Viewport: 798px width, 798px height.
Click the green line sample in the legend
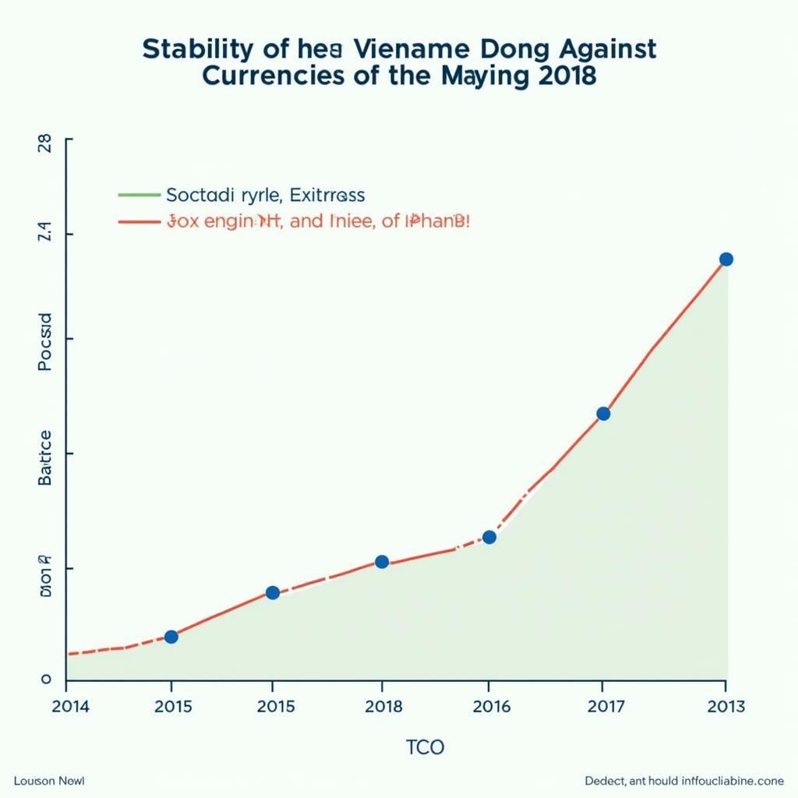click(x=138, y=195)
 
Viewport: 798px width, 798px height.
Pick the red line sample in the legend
click(x=138, y=221)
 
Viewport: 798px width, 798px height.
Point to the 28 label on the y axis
click(x=44, y=143)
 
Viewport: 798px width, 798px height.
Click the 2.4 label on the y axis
click(x=44, y=233)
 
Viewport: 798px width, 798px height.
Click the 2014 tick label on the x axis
click(x=71, y=707)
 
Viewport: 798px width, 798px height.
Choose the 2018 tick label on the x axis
click(x=384, y=707)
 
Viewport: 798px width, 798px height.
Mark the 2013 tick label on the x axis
click(x=725, y=707)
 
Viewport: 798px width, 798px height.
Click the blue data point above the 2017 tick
click(x=602, y=414)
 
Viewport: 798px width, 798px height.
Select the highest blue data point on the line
click(x=726, y=260)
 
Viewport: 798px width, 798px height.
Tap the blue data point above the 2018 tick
click(x=382, y=562)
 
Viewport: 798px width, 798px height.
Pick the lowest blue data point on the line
click(x=171, y=637)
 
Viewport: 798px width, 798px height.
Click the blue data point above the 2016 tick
click(x=489, y=537)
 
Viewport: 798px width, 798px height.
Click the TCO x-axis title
click(x=425, y=748)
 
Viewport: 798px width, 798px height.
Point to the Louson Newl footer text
click(x=48, y=781)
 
